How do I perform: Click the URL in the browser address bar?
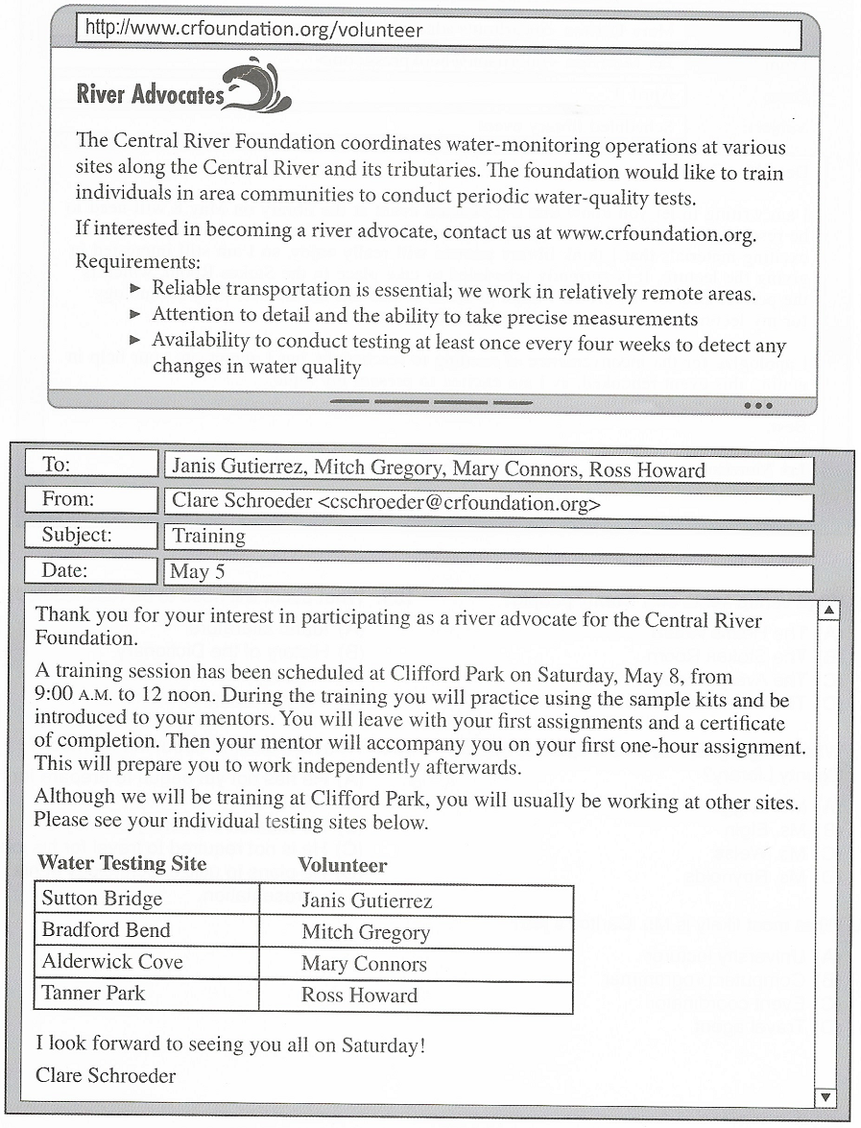[253, 30]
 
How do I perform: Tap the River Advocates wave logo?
[257, 86]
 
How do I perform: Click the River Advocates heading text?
[149, 94]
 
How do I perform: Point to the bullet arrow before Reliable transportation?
[135, 288]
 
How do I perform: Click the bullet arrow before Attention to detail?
[135, 314]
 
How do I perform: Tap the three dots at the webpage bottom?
[757, 406]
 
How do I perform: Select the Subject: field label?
[77, 535]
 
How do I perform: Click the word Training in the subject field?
[208, 536]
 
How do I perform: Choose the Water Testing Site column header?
[122, 863]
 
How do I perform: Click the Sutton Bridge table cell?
[102, 899]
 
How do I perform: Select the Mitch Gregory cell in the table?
[366, 932]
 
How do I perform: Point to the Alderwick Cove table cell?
[112, 962]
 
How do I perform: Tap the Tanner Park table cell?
[93, 993]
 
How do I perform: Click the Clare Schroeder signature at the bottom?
[106, 1075]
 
